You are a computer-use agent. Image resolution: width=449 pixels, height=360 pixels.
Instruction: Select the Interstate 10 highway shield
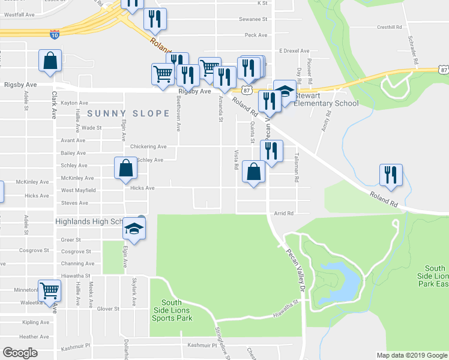pyautogui.click(x=55, y=35)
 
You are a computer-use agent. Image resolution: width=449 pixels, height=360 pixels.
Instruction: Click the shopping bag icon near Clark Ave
pyautogui.click(x=49, y=61)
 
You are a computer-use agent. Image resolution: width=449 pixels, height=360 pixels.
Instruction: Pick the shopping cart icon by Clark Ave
pyautogui.click(x=49, y=290)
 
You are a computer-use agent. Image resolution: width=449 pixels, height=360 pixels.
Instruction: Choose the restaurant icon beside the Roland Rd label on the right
pyautogui.click(x=391, y=175)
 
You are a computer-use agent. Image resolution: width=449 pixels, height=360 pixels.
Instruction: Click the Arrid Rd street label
pyautogui.click(x=284, y=213)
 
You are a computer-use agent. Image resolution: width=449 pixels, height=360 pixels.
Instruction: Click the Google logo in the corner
pyautogui.click(x=20, y=353)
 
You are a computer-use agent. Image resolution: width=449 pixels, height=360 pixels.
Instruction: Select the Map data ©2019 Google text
pyautogui.click(x=411, y=355)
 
